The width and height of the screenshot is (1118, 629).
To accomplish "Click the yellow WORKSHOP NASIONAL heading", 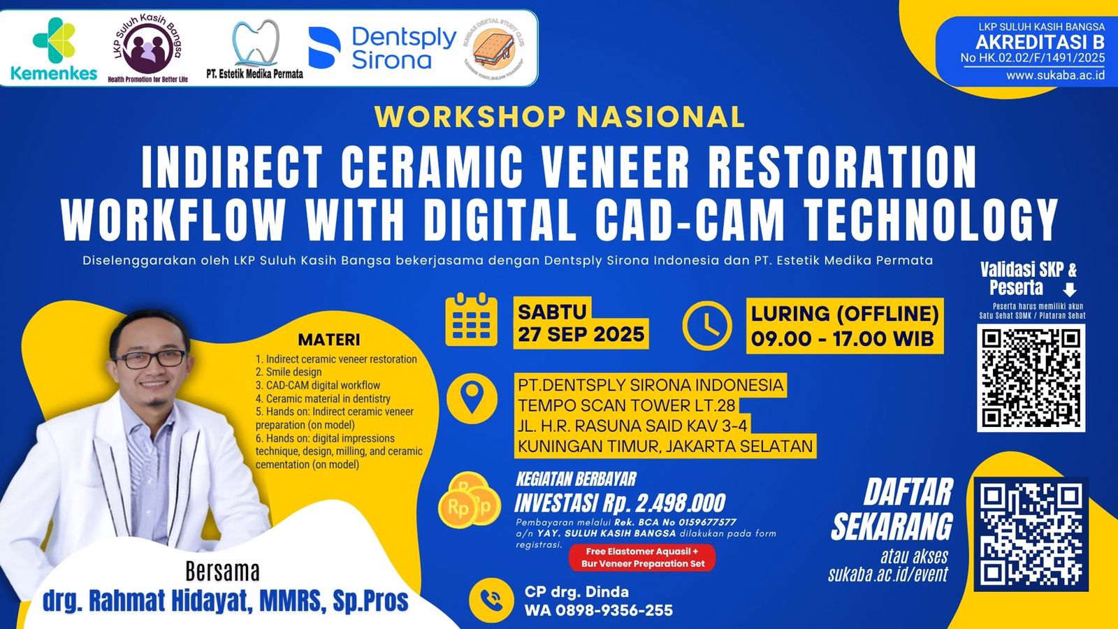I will (x=560, y=117).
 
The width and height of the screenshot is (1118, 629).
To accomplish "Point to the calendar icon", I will (x=472, y=321).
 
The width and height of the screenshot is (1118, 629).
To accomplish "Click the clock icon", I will (x=707, y=326).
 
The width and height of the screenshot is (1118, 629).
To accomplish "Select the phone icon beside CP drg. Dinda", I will (x=491, y=600).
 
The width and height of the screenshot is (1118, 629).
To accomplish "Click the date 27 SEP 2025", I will (x=581, y=335).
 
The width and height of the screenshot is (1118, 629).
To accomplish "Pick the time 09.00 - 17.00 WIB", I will (x=843, y=339).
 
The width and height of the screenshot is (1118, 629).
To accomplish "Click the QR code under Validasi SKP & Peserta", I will (x=1031, y=377).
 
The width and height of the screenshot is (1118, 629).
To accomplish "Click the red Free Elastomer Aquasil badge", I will (x=642, y=558).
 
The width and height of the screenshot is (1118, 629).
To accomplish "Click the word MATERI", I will (x=329, y=340).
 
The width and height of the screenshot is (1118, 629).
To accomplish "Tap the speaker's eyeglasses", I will (x=149, y=359).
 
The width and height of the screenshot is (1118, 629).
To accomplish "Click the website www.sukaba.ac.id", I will (x=1055, y=75).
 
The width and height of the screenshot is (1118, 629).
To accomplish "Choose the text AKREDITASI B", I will (x=1040, y=42).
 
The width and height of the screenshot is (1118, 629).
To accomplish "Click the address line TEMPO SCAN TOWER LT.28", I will (x=626, y=405).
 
